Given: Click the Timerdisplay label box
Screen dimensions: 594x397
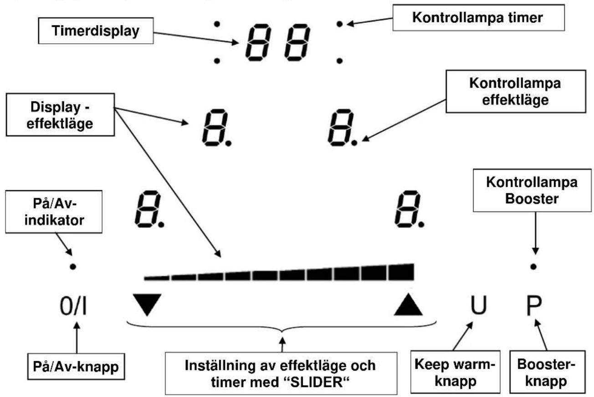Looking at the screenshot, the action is pos(96,31).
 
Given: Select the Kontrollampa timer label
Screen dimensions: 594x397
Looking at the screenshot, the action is pos(478,18).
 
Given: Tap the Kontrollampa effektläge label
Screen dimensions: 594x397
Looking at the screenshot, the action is pos(516,92).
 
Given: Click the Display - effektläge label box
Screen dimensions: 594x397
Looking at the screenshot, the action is pos(60,115).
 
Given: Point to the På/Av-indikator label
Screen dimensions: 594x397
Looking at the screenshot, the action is pos(54,212).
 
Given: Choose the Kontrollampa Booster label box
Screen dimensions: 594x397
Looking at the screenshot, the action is pos(532,190).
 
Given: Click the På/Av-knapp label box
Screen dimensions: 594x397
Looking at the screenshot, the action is pos(76,366).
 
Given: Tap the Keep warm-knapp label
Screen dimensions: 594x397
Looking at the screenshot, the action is pos(456,372).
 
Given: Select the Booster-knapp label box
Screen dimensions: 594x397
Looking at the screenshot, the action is pos(548,372).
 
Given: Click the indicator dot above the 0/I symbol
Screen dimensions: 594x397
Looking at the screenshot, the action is pos(73,267).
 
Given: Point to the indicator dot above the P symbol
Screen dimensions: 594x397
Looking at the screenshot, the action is pos(533,267).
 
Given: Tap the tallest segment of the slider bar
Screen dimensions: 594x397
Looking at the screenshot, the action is pos(401,272).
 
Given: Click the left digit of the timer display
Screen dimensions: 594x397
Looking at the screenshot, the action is pos(258,42).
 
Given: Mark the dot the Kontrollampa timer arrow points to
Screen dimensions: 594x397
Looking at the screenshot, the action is pos(339,24).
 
